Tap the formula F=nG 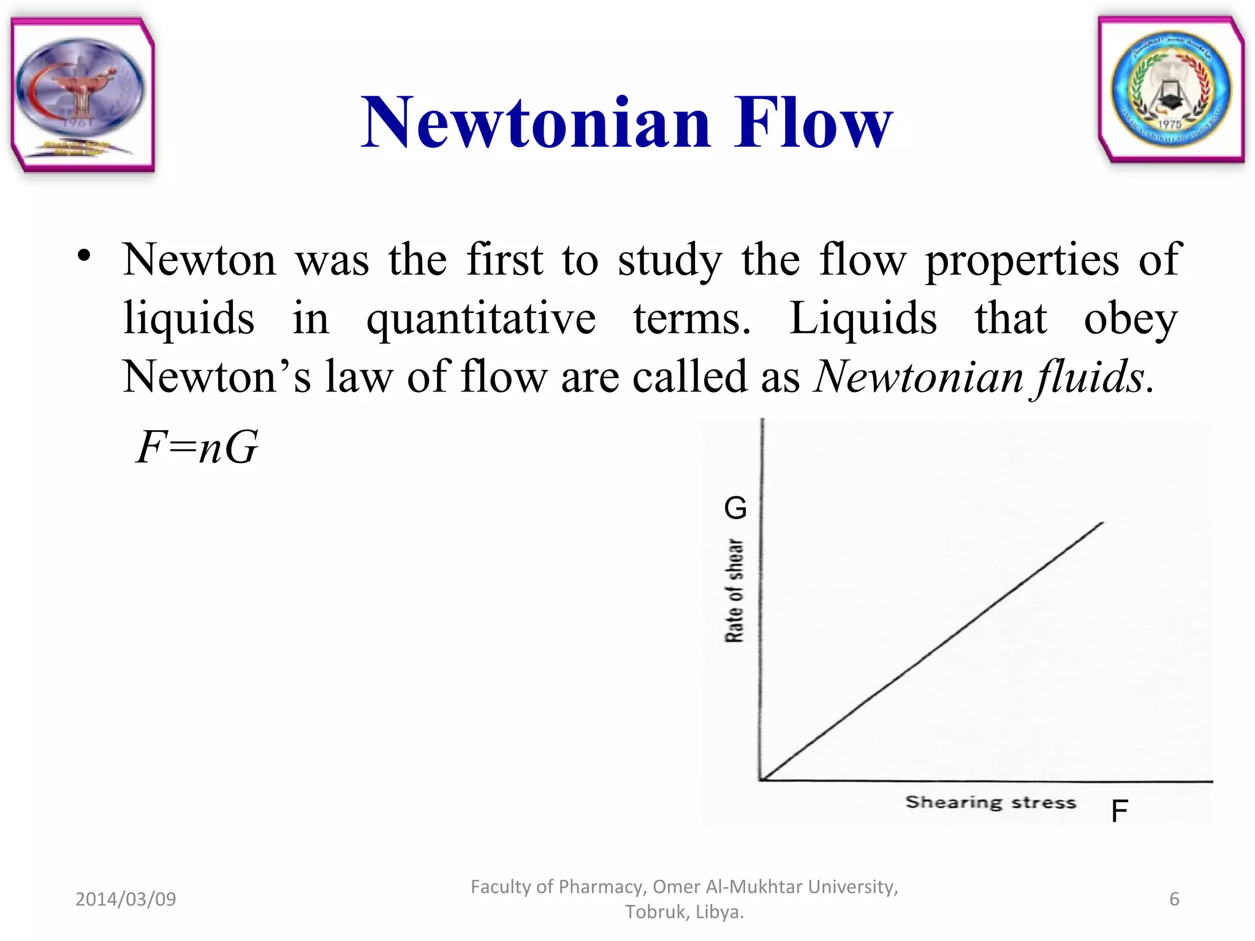(197, 447)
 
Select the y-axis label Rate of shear (734, 591)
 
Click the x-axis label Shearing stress (990, 802)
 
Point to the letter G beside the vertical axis (735, 508)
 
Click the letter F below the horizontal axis (1119, 811)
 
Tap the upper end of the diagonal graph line (1102, 523)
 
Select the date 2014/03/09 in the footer (126, 899)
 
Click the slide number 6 (1174, 899)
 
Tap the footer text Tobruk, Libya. (684, 912)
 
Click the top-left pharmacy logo (82, 95)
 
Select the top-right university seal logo (1170, 89)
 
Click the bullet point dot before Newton (84, 255)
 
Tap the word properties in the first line (1022, 260)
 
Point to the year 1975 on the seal (1169, 124)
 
